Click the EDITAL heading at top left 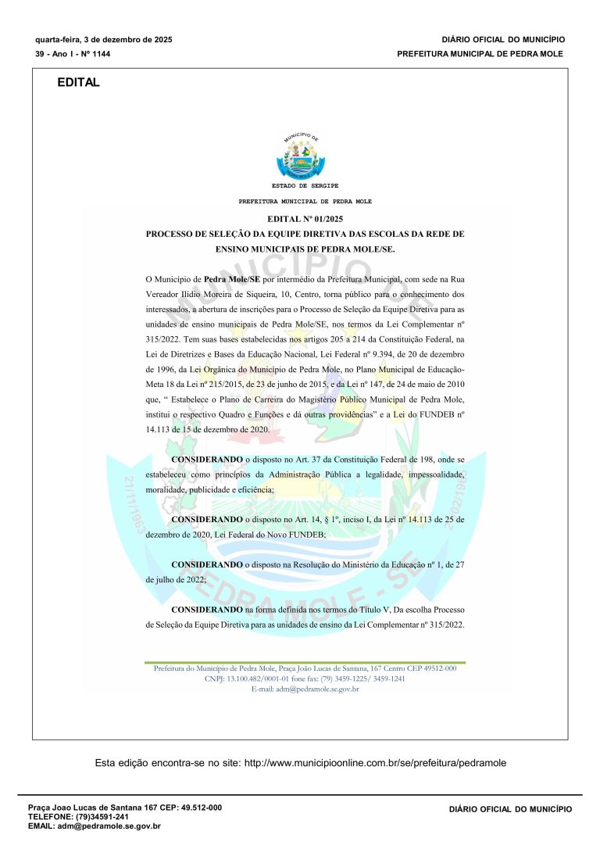[78, 83]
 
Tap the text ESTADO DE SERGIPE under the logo [305, 186]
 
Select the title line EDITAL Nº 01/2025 [305, 220]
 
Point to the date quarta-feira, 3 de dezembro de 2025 [104, 39]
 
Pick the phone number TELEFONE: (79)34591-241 [78, 816]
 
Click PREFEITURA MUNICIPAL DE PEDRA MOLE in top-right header [480, 54]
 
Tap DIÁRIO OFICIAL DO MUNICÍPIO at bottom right [510, 810]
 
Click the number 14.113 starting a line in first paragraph [162, 429]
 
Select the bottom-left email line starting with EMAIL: [94, 826]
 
